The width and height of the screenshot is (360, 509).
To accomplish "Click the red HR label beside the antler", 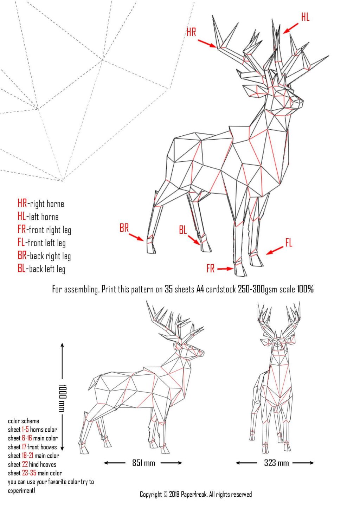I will tap(191, 32).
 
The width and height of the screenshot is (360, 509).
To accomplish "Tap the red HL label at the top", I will tap(305, 17).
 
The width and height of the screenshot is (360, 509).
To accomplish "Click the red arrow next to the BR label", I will tap(136, 237).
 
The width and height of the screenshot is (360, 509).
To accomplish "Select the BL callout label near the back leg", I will tap(183, 230).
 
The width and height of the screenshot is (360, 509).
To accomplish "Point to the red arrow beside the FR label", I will tap(225, 269).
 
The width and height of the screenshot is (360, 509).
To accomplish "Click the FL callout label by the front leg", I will tap(289, 243).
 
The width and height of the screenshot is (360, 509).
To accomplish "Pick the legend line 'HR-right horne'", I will tap(41, 204).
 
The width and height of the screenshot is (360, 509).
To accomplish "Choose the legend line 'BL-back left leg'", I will tap(41, 269).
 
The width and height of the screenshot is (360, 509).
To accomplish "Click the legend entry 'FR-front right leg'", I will tap(44, 230).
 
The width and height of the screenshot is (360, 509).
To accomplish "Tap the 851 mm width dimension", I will tap(143, 463).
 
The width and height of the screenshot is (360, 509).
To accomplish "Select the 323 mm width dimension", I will tap(276, 463).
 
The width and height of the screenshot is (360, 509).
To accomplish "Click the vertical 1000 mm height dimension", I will tap(63, 398).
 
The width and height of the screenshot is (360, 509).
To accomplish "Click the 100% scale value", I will tap(305, 289).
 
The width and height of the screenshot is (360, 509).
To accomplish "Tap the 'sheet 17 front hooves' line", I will tap(32, 447).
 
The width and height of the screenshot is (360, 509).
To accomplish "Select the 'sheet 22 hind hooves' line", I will tap(32, 464).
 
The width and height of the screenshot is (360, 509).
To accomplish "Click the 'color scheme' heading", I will tap(24, 421).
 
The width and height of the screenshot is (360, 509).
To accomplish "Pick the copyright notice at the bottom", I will tap(196, 495).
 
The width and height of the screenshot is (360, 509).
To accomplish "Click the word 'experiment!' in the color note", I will tap(22, 491).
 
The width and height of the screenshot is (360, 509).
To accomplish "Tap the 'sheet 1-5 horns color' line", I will tap(32, 430).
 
